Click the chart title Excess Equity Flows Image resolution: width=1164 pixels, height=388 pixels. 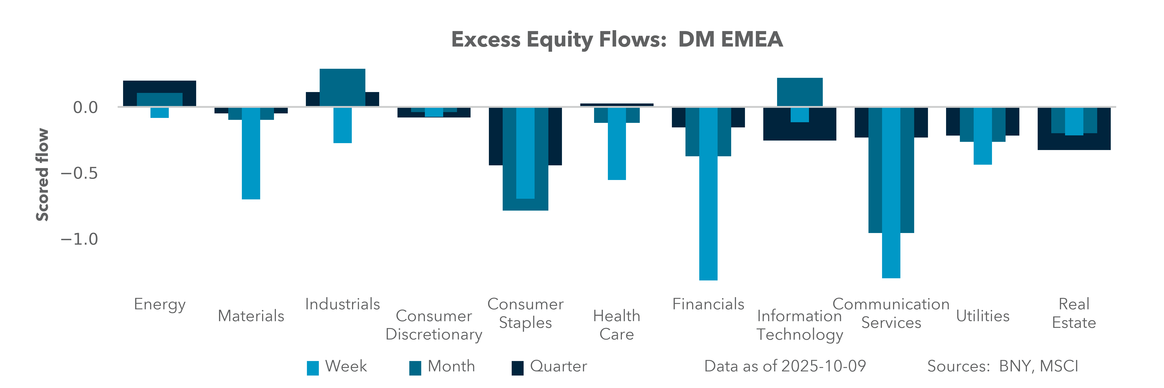click(x=559, y=39)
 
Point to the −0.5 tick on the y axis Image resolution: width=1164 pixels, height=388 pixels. click(x=79, y=173)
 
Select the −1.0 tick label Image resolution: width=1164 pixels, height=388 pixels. click(x=79, y=239)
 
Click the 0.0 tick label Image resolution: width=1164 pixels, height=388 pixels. click(x=85, y=108)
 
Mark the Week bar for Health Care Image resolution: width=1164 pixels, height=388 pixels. click(x=617, y=144)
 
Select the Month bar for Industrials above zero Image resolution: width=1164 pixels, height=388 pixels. click(x=343, y=88)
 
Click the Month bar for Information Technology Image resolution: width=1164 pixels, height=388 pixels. click(x=800, y=92)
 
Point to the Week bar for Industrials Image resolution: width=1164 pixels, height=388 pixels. click(x=343, y=125)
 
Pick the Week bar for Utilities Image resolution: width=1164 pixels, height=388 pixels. click(x=983, y=136)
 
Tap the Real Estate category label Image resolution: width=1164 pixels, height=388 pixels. click(x=1074, y=313)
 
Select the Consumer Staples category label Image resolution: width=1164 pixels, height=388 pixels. click(x=526, y=313)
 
